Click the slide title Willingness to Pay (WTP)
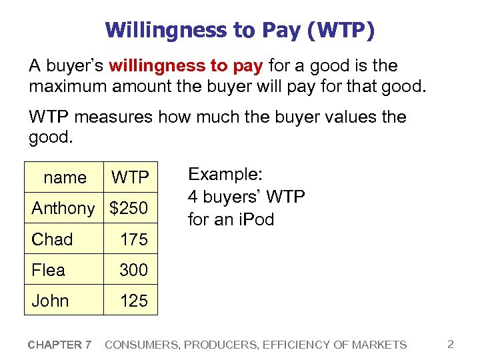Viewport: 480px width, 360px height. pos(239,30)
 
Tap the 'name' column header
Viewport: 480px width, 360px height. pos(65,177)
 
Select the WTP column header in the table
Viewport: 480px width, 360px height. pos(130,177)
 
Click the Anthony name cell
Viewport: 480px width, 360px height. pos(63,208)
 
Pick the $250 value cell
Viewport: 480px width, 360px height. pos(129,208)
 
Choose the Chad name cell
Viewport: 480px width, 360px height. pos(52,239)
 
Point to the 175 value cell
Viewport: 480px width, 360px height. pos(133,239)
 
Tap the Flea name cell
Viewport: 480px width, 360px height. pos(48,270)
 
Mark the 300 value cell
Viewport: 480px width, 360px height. pos(133,270)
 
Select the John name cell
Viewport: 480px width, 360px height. pos(50,301)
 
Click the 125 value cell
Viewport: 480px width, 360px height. pos(133,301)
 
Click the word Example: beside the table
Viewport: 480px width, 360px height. pos(226,175)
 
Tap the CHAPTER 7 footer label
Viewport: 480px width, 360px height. pos(60,345)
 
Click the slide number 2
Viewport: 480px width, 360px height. pos(451,344)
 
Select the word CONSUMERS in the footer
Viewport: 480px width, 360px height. pos(138,345)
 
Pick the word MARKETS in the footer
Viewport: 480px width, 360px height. pos(380,345)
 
